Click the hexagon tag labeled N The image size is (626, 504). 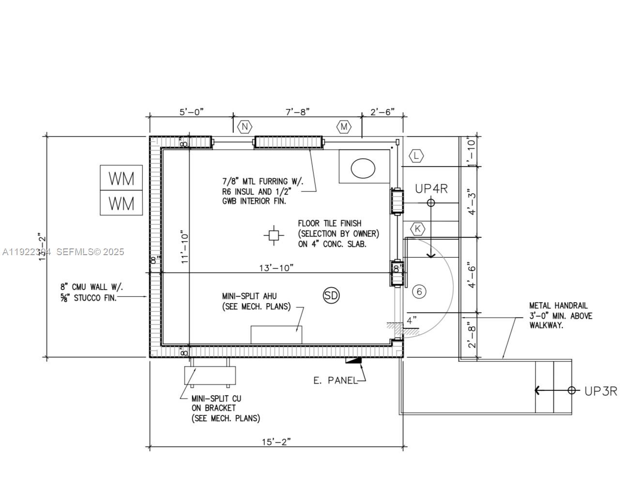point(244,127)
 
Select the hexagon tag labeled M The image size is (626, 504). point(344,127)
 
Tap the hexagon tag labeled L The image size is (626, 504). point(416,156)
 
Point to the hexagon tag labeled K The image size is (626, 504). point(417,229)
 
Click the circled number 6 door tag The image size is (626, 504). point(419,291)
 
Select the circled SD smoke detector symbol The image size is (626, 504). point(331,295)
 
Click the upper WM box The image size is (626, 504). point(121,178)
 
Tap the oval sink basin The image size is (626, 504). point(363,168)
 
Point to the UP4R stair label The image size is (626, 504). point(431,189)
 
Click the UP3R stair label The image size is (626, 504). point(600,391)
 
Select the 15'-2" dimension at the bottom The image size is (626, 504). point(276,442)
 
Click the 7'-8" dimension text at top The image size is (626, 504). point(297,112)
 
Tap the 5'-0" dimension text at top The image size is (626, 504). point(192,112)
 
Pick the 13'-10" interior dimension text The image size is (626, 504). point(276,268)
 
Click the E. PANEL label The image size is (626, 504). point(335,381)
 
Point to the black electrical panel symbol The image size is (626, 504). point(353,360)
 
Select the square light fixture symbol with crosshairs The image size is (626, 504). point(274,235)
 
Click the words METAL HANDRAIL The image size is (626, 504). point(558,305)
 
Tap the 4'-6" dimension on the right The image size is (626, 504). point(472,275)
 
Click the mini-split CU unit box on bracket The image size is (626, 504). point(210,375)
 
